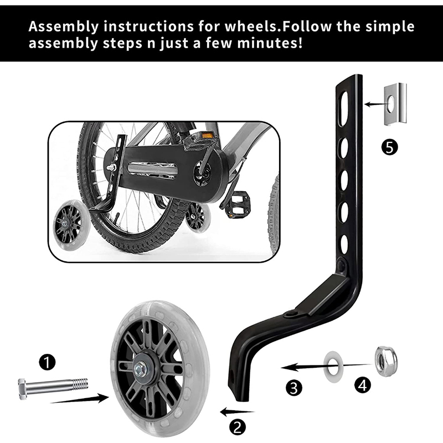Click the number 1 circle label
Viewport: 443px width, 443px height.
pyautogui.click(x=48, y=363)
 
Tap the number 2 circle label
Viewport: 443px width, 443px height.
pyautogui.click(x=237, y=426)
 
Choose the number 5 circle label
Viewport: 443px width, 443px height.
pyautogui.click(x=390, y=148)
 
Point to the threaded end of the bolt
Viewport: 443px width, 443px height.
pyautogui.click(x=79, y=383)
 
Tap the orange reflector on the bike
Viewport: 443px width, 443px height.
pyautogui.click(x=207, y=135)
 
